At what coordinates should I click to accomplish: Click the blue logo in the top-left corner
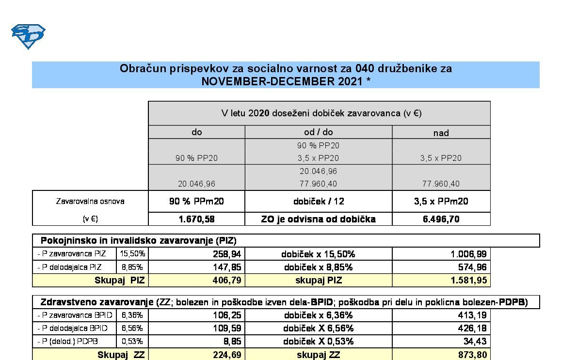pyautogui.click(x=28, y=37)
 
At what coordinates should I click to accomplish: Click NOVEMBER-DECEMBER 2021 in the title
pyautogui.click(x=286, y=81)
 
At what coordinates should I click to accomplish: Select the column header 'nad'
pyautogui.click(x=441, y=133)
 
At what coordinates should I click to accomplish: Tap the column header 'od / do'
pyautogui.click(x=318, y=132)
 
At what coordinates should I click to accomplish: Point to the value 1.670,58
pyautogui.click(x=196, y=219)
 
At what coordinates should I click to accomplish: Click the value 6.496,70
pyautogui.click(x=441, y=219)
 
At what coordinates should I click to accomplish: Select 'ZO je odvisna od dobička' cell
pyautogui.click(x=318, y=219)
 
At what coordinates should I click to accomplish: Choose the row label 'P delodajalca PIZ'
pyautogui.click(x=70, y=267)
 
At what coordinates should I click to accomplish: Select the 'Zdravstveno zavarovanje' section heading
pyautogui.click(x=96, y=302)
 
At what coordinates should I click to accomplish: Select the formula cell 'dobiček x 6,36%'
pyautogui.click(x=318, y=315)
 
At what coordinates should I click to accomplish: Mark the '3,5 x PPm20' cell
pyautogui.click(x=441, y=201)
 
